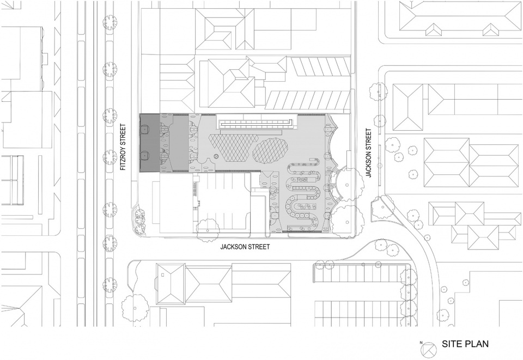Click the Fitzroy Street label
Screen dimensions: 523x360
point(124,148)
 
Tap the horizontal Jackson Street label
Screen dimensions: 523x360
point(245,247)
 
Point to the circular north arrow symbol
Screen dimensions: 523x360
point(429,349)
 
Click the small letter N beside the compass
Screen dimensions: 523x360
point(421,343)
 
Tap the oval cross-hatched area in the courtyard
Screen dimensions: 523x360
point(271,151)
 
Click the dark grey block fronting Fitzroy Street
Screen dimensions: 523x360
point(150,143)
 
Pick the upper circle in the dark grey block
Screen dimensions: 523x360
point(145,130)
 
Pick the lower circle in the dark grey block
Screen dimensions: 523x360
point(145,155)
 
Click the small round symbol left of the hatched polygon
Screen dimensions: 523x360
point(216,156)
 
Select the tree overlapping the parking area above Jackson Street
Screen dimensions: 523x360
point(208,229)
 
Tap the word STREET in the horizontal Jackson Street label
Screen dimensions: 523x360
point(258,247)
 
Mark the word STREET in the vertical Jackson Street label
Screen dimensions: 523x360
point(369,139)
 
